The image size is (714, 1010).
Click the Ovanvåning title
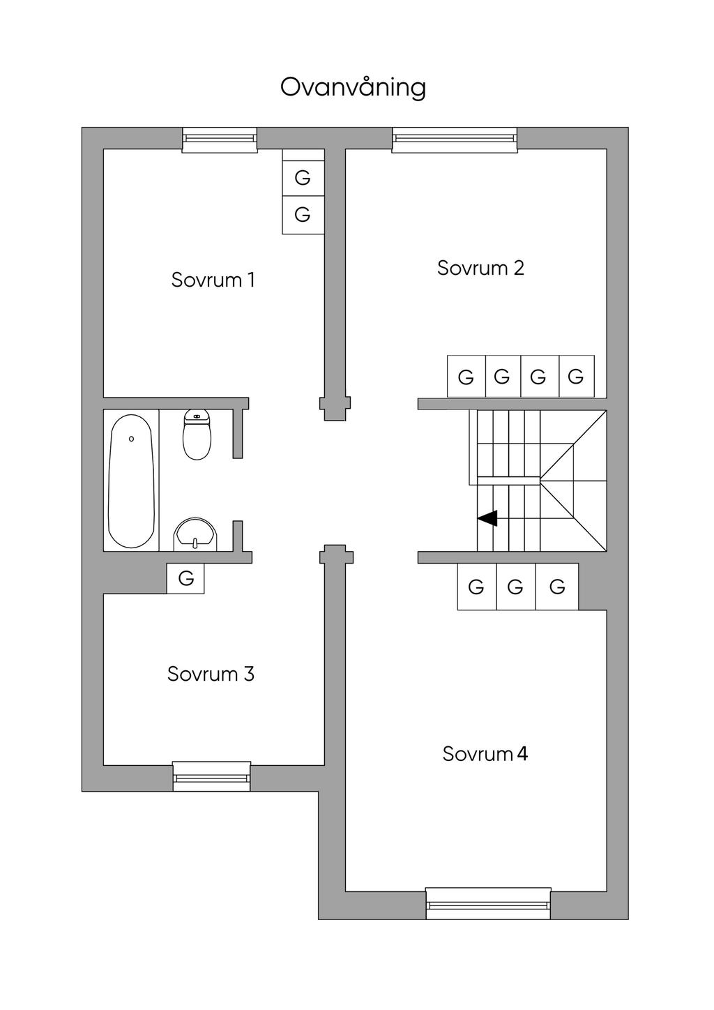(x=353, y=87)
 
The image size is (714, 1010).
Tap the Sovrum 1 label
(x=213, y=280)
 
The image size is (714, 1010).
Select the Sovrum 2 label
(x=480, y=268)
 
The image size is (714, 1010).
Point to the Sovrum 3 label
(x=211, y=674)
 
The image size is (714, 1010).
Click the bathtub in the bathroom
(x=131, y=481)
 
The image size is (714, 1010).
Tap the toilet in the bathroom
(x=197, y=435)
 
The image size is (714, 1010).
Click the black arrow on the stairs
(x=487, y=518)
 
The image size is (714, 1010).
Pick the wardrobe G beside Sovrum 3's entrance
(x=185, y=578)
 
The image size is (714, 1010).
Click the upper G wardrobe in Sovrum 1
(x=303, y=177)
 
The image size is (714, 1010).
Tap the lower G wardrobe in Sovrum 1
(x=303, y=215)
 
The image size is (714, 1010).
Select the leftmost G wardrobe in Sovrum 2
(x=466, y=377)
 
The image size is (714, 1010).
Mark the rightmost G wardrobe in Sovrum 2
(x=577, y=377)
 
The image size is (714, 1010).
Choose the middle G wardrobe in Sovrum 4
(x=516, y=587)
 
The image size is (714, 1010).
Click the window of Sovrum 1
(x=220, y=140)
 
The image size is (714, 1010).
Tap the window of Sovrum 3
(x=211, y=776)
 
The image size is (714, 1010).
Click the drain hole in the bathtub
(x=131, y=439)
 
